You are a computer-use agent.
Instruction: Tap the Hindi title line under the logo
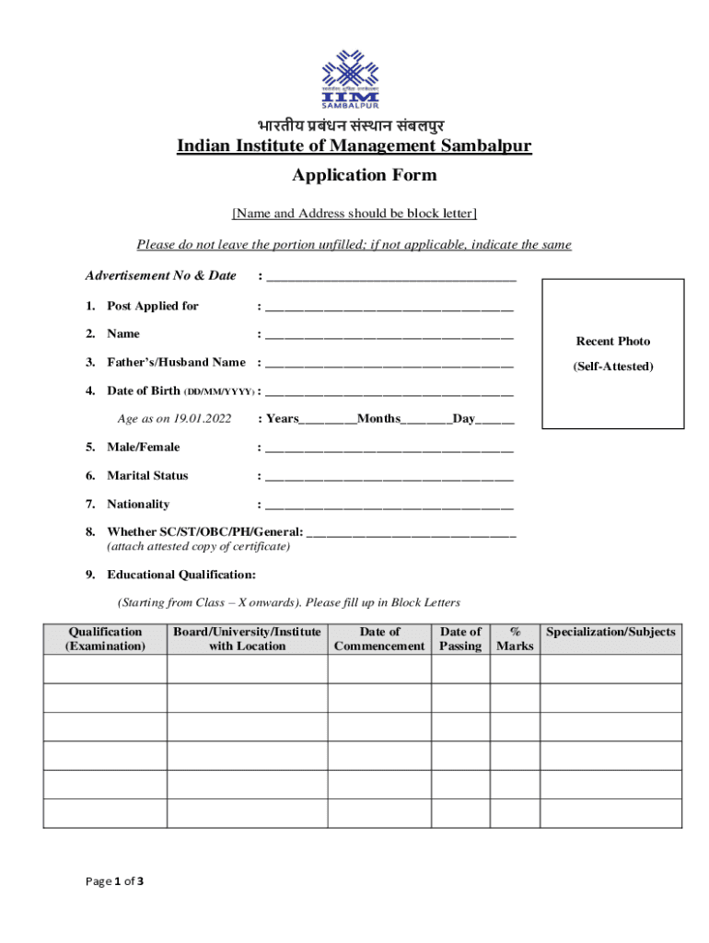(x=354, y=125)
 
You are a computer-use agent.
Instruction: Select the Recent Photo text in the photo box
(x=613, y=341)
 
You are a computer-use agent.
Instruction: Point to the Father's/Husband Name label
(x=176, y=362)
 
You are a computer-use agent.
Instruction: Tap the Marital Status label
(x=147, y=475)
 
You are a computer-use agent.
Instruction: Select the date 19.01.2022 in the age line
(x=202, y=419)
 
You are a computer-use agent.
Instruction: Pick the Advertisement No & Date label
(x=160, y=275)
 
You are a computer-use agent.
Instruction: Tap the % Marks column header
(x=515, y=638)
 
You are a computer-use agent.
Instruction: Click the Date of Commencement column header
(x=379, y=638)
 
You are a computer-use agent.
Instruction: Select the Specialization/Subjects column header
(x=610, y=632)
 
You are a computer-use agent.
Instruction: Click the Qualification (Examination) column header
(x=105, y=638)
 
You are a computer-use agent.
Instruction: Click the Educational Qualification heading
(x=181, y=575)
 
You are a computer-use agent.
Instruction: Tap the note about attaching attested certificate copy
(x=199, y=546)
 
